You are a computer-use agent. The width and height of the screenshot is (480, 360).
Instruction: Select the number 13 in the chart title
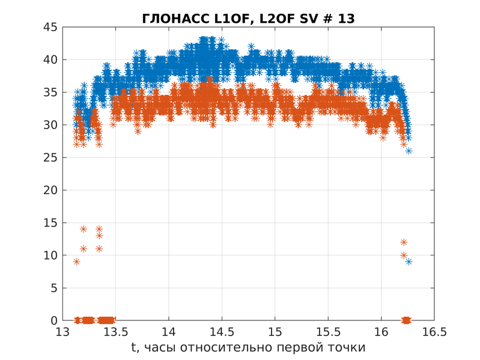coord(346,19)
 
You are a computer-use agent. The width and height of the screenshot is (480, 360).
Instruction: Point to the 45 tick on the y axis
coord(50,27)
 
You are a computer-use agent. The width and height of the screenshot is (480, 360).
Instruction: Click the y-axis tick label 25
coord(50,157)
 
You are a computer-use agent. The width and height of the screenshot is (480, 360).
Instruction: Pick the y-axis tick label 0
coord(53,320)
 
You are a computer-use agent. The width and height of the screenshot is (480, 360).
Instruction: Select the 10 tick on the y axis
coord(50,255)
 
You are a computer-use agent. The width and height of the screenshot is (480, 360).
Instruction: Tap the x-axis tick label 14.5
coord(222,332)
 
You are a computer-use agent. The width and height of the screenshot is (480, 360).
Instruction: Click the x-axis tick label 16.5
coord(434,332)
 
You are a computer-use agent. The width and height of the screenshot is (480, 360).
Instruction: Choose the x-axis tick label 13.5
coord(115,332)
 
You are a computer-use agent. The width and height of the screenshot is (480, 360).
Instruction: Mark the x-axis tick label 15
coord(275,332)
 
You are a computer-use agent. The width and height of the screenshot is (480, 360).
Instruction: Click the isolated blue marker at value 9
coord(409,261)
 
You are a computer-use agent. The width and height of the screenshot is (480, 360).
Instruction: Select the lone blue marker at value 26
coord(409,151)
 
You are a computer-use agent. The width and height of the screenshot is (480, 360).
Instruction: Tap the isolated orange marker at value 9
coord(76,261)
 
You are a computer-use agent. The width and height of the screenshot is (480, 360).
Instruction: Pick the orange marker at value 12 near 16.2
coord(404,242)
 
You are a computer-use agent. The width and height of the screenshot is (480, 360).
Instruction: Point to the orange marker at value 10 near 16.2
coord(404,255)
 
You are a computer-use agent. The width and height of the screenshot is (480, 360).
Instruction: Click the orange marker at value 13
coord(99,236)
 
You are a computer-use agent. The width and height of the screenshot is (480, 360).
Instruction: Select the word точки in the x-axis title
coord(344,348)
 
